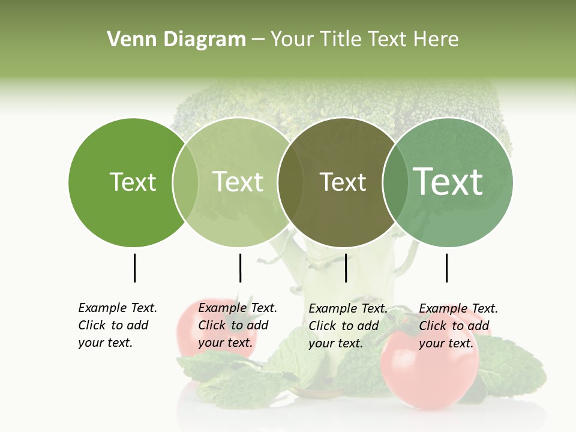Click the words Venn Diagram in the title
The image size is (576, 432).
[x=176, y=40]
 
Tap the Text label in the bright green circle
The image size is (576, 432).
[x=133, y=182]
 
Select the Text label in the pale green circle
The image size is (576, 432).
[x=238, y=182]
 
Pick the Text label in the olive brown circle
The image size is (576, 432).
[x=343, y=182]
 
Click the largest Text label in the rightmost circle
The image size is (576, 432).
[x=448, y=182]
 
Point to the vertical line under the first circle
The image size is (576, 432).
[x=134, y=268]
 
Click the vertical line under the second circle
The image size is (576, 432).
[x=240, y=268]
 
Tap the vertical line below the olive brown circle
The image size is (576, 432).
[x=346, y=268]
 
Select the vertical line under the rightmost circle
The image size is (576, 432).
[x=446, y=268]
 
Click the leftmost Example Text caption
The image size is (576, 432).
[x=117, y=325]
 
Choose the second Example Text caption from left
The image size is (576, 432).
[x=237, y=325]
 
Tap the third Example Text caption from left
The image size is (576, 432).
[x=347, y=325]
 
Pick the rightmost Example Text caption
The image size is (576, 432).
[x=458, y=325]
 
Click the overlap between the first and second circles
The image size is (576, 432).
[x=185, y=182]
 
